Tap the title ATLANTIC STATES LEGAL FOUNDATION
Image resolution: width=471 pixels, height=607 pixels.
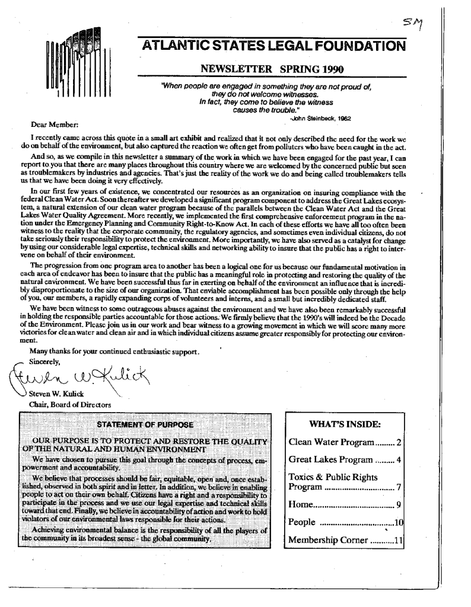271,47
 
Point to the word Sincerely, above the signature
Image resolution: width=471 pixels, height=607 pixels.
47,362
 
